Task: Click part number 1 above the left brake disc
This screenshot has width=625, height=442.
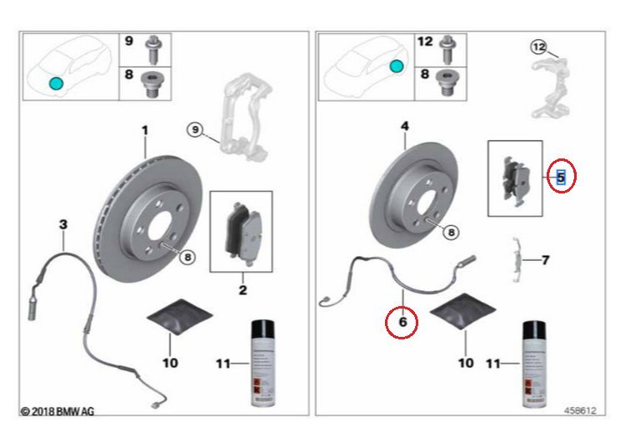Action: [143, 130]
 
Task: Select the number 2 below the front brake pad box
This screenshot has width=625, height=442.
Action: [242, 290]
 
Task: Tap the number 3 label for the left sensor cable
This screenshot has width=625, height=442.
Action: [62, 224]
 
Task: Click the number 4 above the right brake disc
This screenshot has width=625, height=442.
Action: [404, 127]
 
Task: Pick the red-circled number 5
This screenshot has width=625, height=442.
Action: [561, 177]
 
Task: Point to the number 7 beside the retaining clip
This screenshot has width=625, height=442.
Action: [546, 260]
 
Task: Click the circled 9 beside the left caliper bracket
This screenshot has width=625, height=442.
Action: [195, 129]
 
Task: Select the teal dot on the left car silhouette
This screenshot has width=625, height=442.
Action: [56, 83]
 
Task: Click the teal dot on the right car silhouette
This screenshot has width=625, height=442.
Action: [397, 66]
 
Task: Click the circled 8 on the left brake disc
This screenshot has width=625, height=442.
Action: [187, 258]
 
